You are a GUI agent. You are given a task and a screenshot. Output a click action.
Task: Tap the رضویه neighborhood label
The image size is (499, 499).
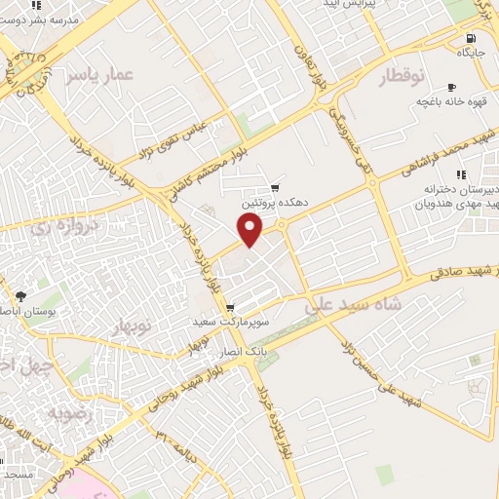[97, 412]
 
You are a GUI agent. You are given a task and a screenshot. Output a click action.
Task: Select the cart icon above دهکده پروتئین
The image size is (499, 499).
[276, 188]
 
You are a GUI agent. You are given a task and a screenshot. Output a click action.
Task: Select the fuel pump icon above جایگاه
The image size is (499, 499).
[469, 39]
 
